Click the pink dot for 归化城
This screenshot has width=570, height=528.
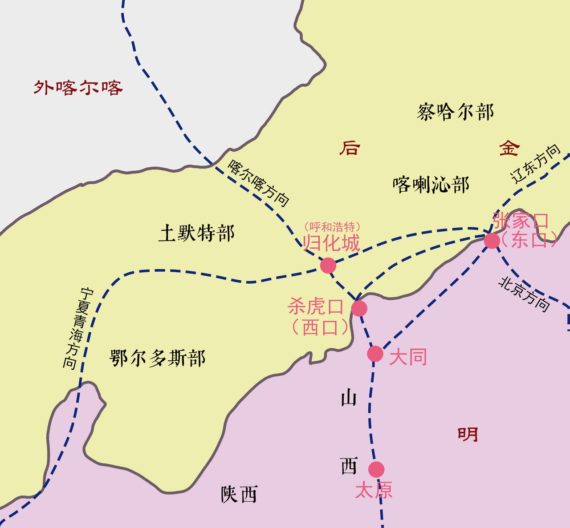pos(328,265)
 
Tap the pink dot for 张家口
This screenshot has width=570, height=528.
pos(492,241)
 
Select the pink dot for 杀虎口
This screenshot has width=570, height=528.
pos(359,308)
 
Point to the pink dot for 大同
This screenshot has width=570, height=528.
pos(375,354)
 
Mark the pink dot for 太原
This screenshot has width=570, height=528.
pos(376,469)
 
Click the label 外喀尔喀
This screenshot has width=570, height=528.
pos(78,88)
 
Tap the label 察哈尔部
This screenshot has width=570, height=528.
pos(456,112)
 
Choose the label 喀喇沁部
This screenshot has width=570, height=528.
pos(431,184)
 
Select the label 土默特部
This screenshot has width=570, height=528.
pos(196,233)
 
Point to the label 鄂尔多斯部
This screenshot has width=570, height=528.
pos(158,358)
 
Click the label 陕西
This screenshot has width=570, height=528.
pos(239,494)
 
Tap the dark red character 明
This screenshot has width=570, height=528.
pos(468,434)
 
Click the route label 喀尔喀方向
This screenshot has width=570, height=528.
pos(259,183)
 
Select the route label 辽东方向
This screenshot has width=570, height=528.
pos(536,164)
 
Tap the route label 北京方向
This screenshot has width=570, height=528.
pos(524,294)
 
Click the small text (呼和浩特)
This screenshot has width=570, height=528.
pos(332,226)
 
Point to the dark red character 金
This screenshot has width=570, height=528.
pos(509,148)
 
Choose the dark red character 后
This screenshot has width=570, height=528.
pos(350,148)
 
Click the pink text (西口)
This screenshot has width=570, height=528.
pos(320,328)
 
